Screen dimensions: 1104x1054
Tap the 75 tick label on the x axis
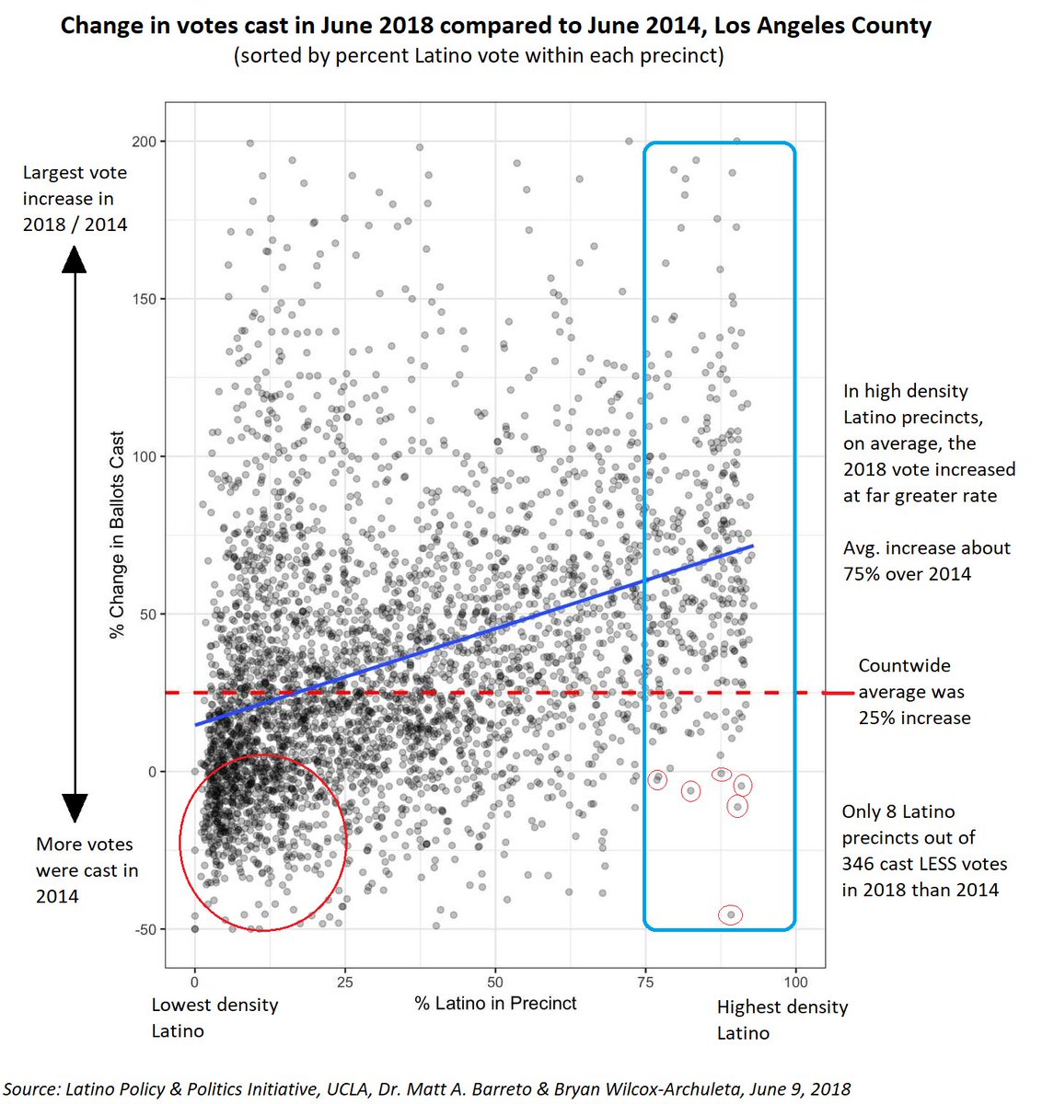click(645, 982)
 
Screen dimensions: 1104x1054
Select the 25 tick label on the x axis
click(344, 982)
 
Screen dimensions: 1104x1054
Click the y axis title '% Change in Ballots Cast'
click(117, 535)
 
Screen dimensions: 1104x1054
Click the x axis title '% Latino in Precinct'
click(495, 1004)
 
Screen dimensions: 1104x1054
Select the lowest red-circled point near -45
click(731, 914)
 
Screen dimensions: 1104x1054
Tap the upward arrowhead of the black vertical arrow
click(74, 261)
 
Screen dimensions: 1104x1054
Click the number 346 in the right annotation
click(863, 864)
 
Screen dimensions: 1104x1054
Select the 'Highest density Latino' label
click(782, 1019)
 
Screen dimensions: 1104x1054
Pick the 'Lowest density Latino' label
click(214, 1018)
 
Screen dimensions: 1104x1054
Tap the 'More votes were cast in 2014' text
click(87, 869)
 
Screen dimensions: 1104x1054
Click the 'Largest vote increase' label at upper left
click(75, 198)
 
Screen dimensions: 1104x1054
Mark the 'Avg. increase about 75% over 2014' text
click(926, 560)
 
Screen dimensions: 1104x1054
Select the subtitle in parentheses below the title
click(479, 56)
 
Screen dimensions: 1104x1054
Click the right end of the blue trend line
click(752, 546)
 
